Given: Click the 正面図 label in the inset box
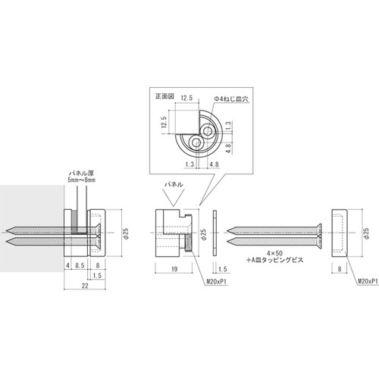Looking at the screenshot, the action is (164, 96).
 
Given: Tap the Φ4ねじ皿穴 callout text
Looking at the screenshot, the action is (231, 99).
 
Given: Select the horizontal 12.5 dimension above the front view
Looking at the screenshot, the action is (186, 98).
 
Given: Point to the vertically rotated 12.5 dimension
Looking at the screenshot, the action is (164, 122).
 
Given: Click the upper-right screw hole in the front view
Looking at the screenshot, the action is (208, 131).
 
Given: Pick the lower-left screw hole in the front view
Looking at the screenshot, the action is (196, 143).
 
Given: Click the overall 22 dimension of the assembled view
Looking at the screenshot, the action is (85, 286).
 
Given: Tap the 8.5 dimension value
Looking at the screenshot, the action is (80, 265).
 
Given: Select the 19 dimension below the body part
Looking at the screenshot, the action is (174, 269).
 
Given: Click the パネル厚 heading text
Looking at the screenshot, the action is (81, 174).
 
